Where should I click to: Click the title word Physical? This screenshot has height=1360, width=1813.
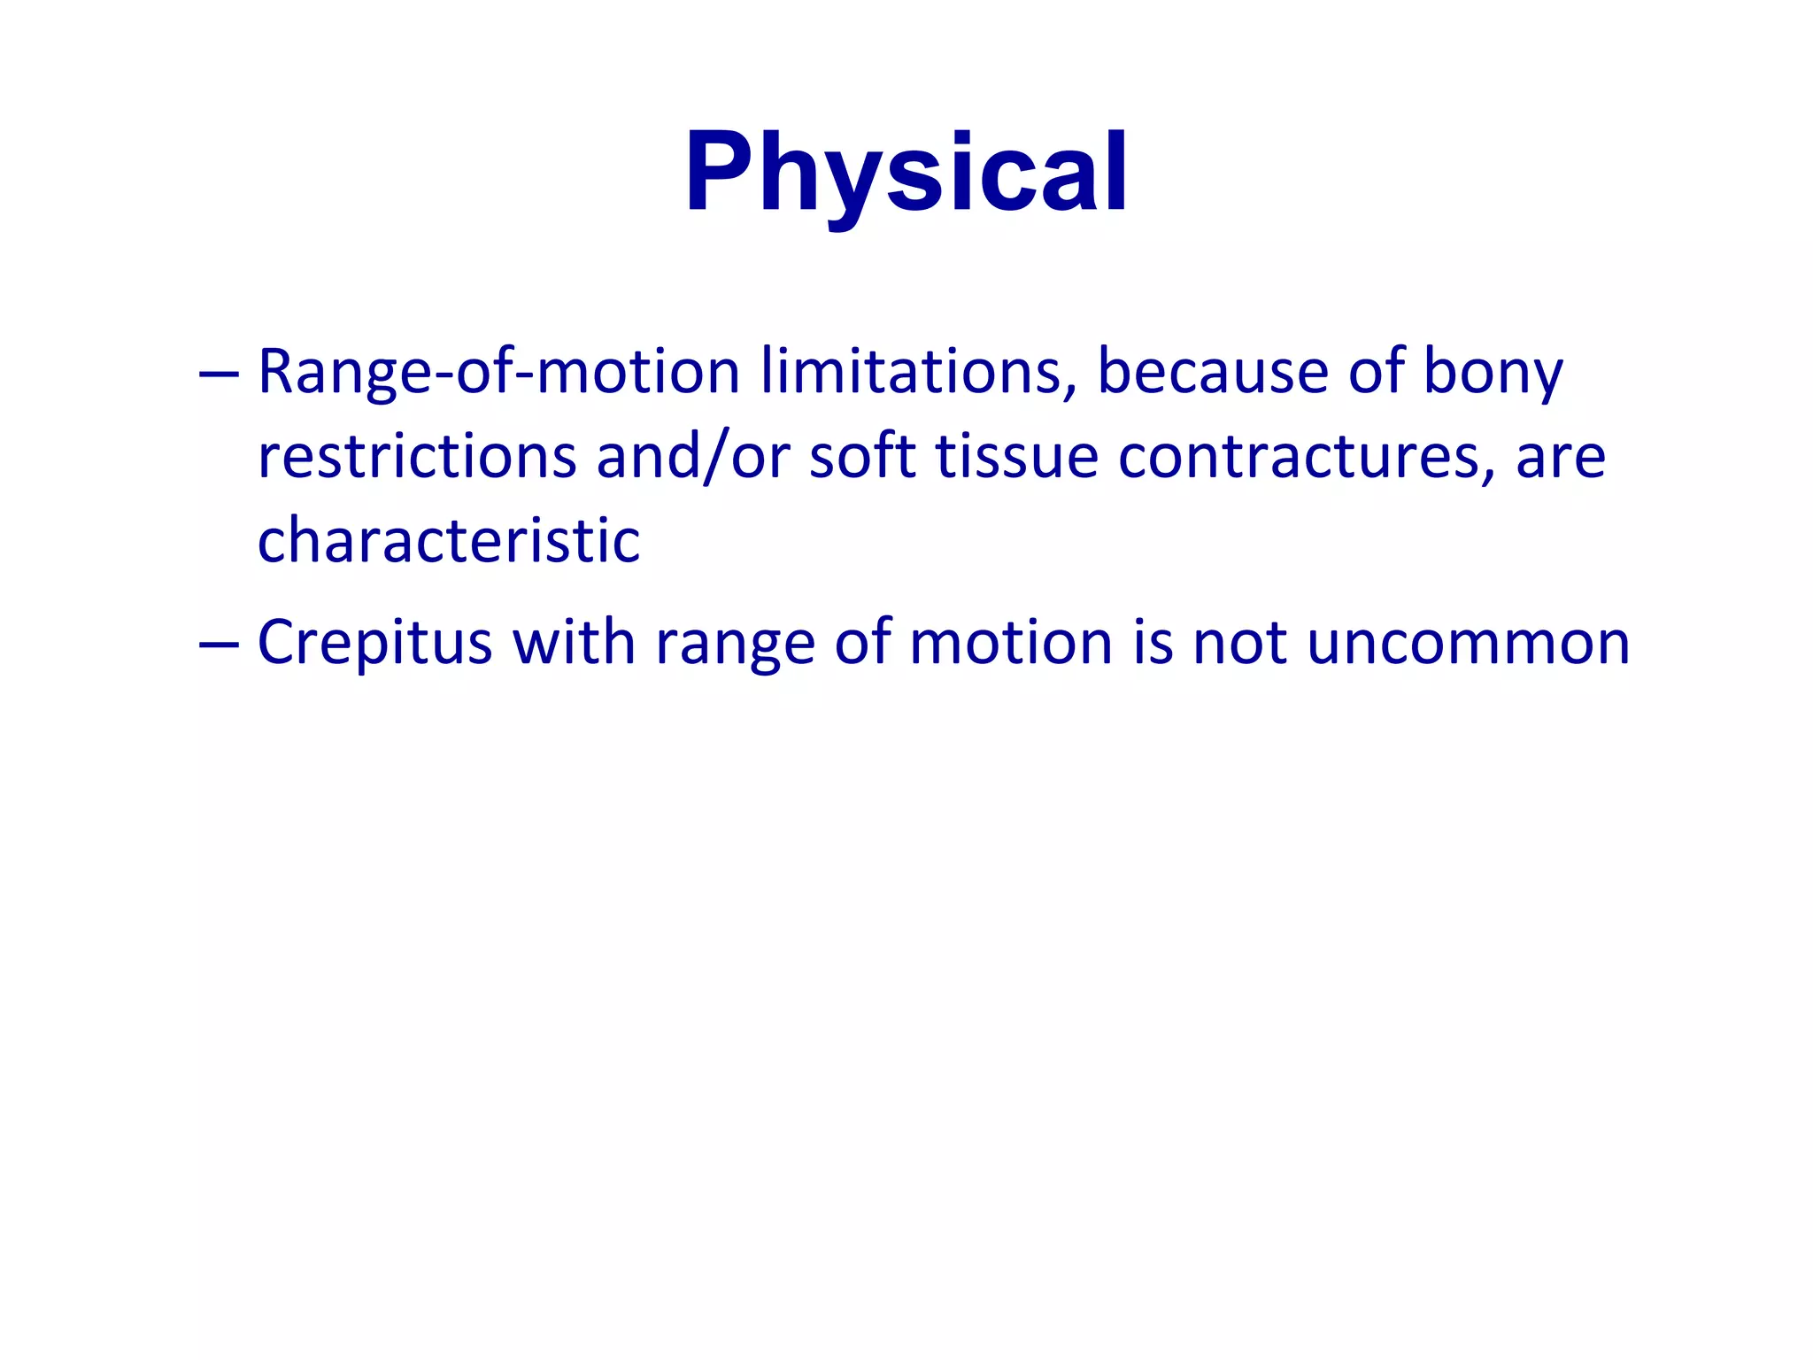click(906, 173)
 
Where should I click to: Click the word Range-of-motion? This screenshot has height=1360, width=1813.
click(498, 372)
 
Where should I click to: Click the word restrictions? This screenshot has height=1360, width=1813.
click(417, 457)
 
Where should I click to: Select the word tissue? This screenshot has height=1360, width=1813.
click(1016, 457)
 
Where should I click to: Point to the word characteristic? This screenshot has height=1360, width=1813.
click(448, 541)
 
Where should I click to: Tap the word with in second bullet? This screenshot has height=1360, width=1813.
click(574, 642)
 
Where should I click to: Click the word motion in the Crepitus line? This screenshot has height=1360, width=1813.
click(1010, 642)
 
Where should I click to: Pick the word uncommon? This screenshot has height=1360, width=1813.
click(1468, 644)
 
